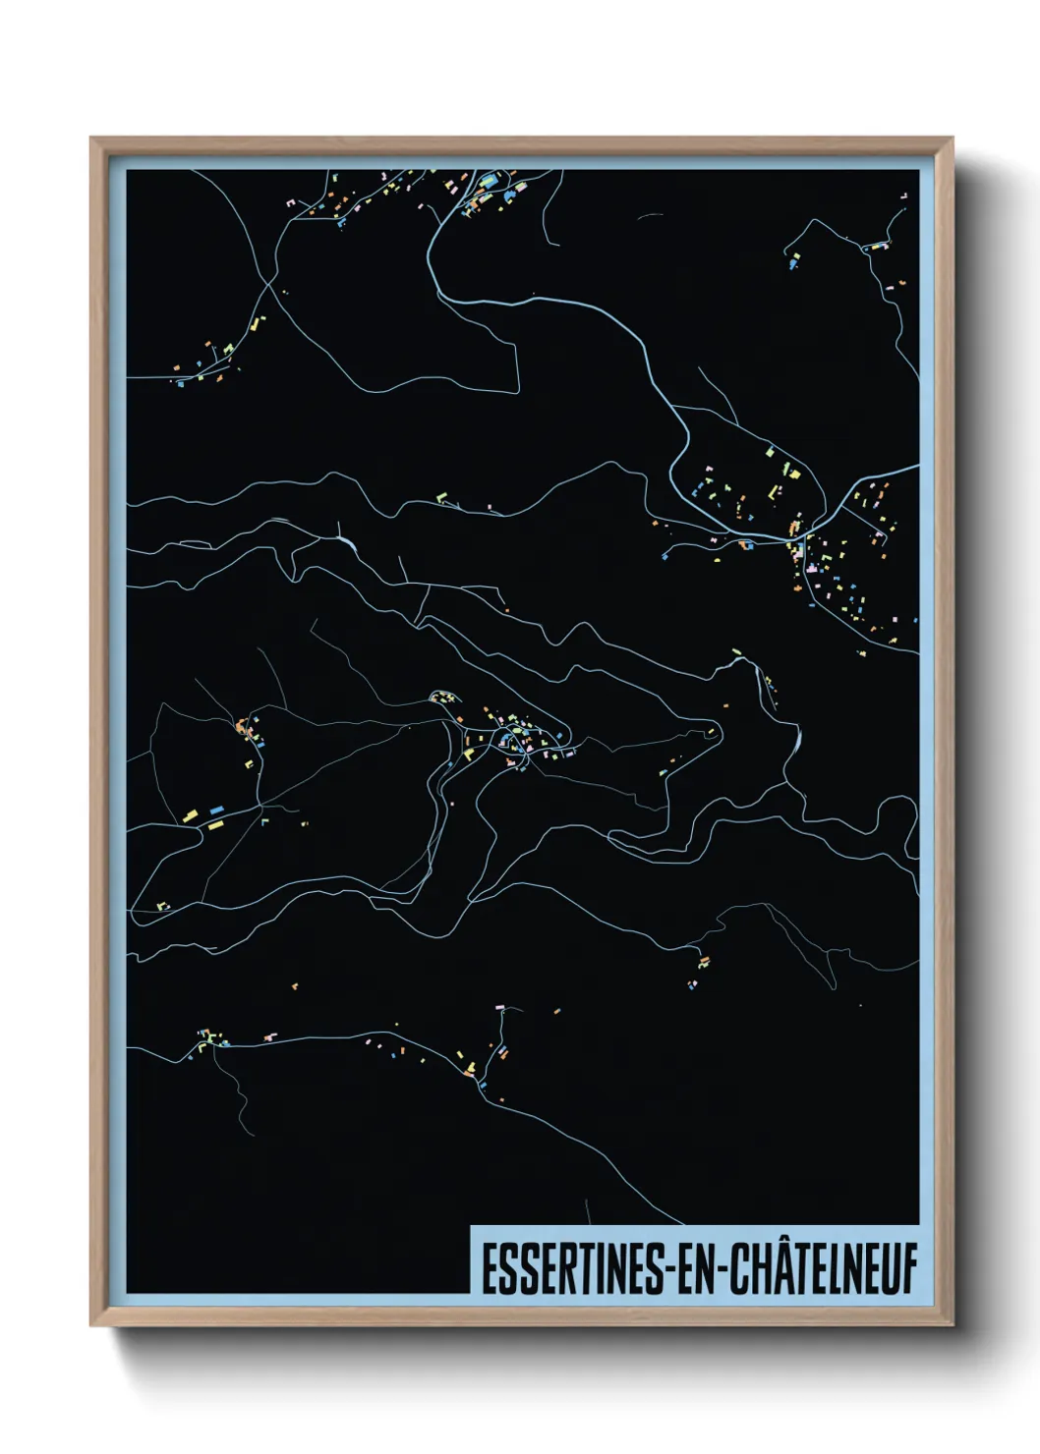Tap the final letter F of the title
tap(909, 1269)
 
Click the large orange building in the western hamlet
tap(241, 728)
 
